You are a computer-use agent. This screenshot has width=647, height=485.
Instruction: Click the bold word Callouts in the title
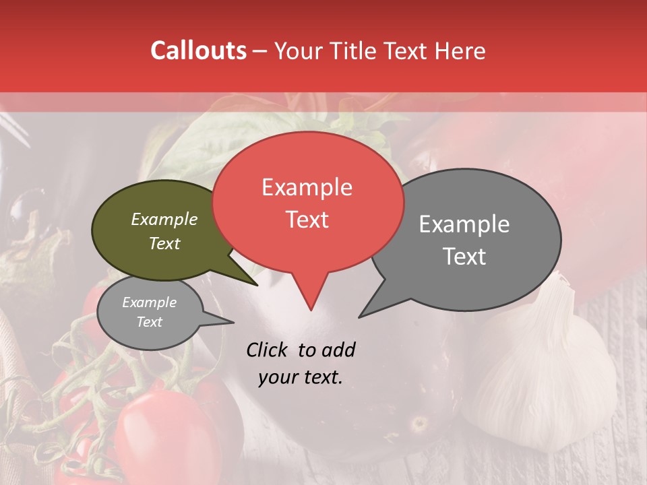(x=198, y=51)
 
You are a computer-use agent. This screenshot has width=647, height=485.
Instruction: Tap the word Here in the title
(x=459, y=51)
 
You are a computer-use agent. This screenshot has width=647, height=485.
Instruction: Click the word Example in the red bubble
(x=307, y=187)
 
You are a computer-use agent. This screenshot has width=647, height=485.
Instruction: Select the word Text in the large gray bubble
(x=465, y=257)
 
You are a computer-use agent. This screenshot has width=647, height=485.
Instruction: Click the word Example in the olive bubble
(x=164, y=219)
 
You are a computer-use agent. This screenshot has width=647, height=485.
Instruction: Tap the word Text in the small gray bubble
(x=149, y=322)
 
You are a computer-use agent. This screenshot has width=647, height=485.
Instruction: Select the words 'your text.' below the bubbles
(x=301, y=377)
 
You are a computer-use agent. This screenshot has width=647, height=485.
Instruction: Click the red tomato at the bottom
(x=155, y=438)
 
